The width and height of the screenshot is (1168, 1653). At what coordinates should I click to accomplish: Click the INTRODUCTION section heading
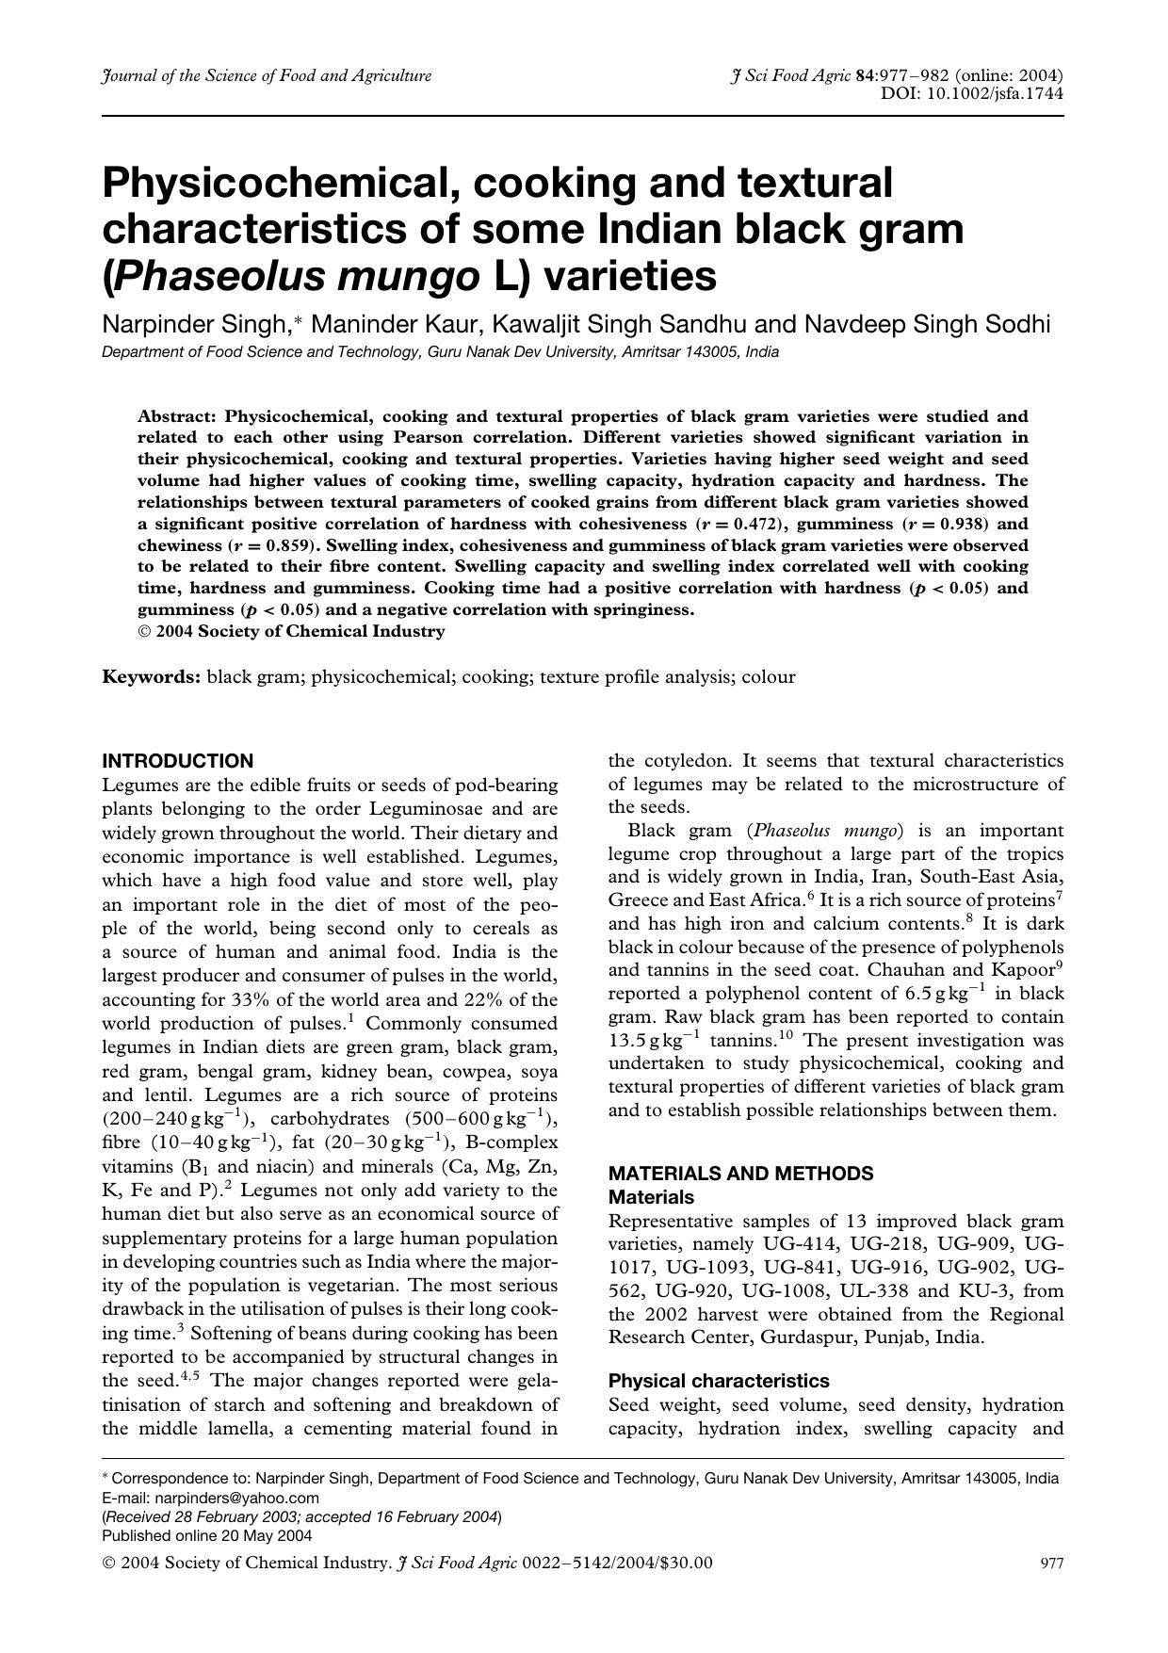tap(177, 761)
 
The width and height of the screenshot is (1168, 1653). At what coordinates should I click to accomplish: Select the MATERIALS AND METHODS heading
tap(740, 1174)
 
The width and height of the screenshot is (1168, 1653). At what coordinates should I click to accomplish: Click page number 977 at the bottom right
tap(1051, 1564)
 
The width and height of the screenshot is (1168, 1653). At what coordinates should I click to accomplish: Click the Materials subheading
tap(651, 1197)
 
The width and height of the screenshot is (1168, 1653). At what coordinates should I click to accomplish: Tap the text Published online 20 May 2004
tap(206, 1535)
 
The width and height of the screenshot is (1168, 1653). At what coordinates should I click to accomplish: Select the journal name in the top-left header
tap(267, 75)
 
